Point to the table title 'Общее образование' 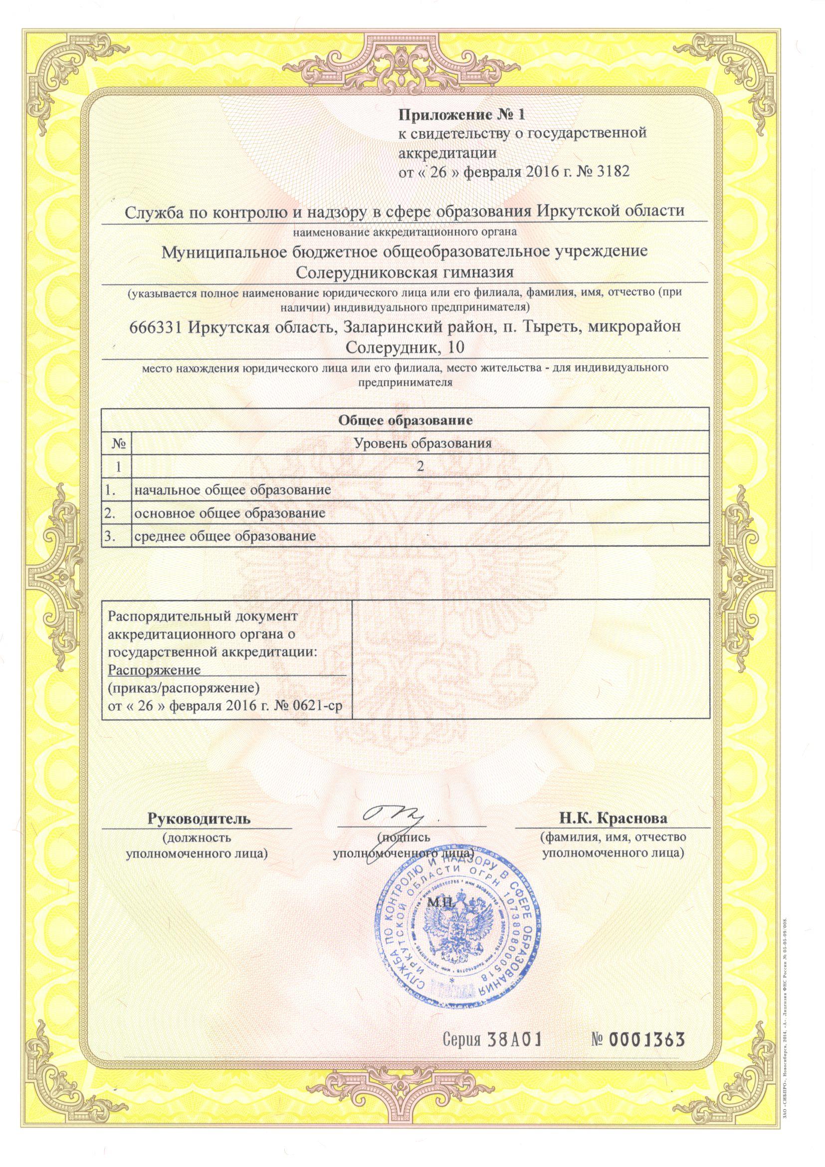[x=406, y=420]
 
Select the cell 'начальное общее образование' [x=232, y=490]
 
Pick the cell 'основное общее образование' [x=229, y=513]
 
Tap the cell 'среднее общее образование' [x=225, y=536]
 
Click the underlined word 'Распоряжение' [x=155, y=669]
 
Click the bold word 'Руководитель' [x=199, y=819]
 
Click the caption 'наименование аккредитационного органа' [x=405, y=233]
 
